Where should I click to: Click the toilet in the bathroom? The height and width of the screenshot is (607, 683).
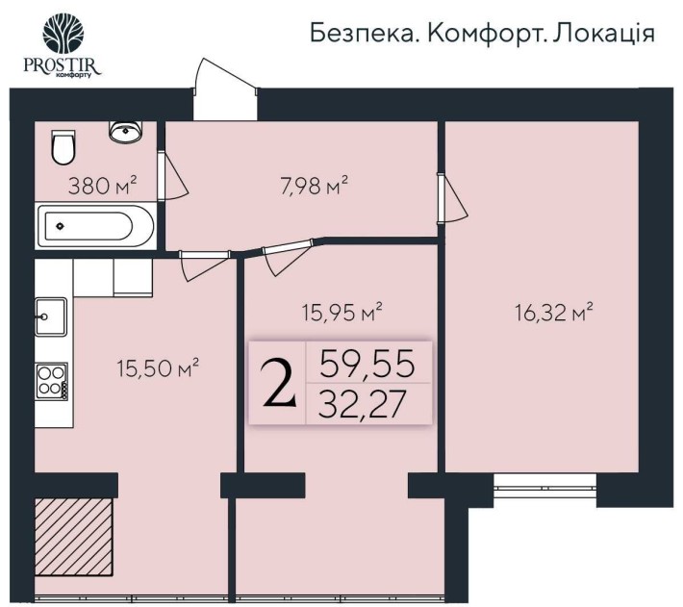tap(63, 148)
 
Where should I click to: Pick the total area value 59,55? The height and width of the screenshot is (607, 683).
tap(367, 363)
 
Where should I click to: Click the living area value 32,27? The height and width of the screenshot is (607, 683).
tap(367, 404)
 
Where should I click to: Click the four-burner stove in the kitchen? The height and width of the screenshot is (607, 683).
tap(51, 380)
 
